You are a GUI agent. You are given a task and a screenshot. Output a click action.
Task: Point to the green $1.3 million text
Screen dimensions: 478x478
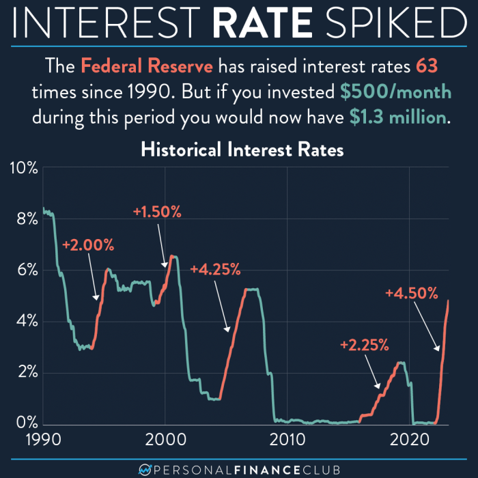pyautogui.click(x=399, y=117)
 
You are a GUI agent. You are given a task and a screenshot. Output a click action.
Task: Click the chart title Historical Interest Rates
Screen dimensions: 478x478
pyautogui.click(x=242, y=150)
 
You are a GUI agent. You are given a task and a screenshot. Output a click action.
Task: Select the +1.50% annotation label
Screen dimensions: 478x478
pyautogui.click(x=157, y=212)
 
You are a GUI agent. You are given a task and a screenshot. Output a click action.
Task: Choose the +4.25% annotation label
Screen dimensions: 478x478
pyautogui.click(x=216, y=269)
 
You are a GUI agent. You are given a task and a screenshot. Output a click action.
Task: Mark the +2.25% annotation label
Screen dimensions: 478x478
pyautogui.click(x=364, y=345)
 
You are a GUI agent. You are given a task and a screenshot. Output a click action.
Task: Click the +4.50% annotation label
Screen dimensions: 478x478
pyautogui.click(x=411, y=294)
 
